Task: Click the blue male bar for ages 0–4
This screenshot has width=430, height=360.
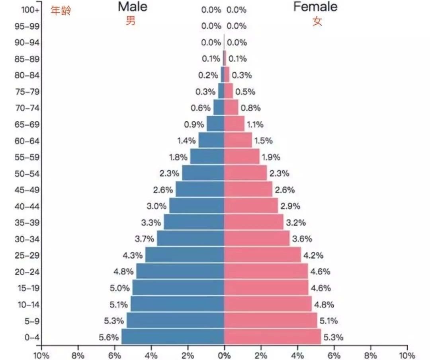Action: (x=173, y=337)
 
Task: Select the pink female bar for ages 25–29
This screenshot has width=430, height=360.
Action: (x=262, y=255)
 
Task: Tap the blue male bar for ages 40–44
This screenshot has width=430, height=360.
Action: (x=197, y=206)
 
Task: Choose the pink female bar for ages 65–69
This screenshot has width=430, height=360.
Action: (x=234, y=124)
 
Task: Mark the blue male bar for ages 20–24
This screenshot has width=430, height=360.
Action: (x=180, y=271)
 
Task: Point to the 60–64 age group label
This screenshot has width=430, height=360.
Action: (x=27, y=140)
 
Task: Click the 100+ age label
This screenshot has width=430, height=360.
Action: (x=30, y=10)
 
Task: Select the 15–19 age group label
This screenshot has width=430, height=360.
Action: (x=27, y=288)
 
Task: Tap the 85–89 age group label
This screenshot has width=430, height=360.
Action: (x=27, y=59)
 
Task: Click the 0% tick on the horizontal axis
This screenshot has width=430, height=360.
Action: (x=224, y=355)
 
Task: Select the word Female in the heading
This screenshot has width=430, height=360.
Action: (x=315, y=7)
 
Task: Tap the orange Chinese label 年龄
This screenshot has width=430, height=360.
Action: (x=61, y=10)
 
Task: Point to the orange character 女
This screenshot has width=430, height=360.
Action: (x=317, y=21)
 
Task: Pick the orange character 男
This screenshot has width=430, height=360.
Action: (x=131, y=21)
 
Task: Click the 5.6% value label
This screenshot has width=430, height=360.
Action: (x=109, y=338)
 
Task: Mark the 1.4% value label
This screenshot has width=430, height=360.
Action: (x=186, y=140)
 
